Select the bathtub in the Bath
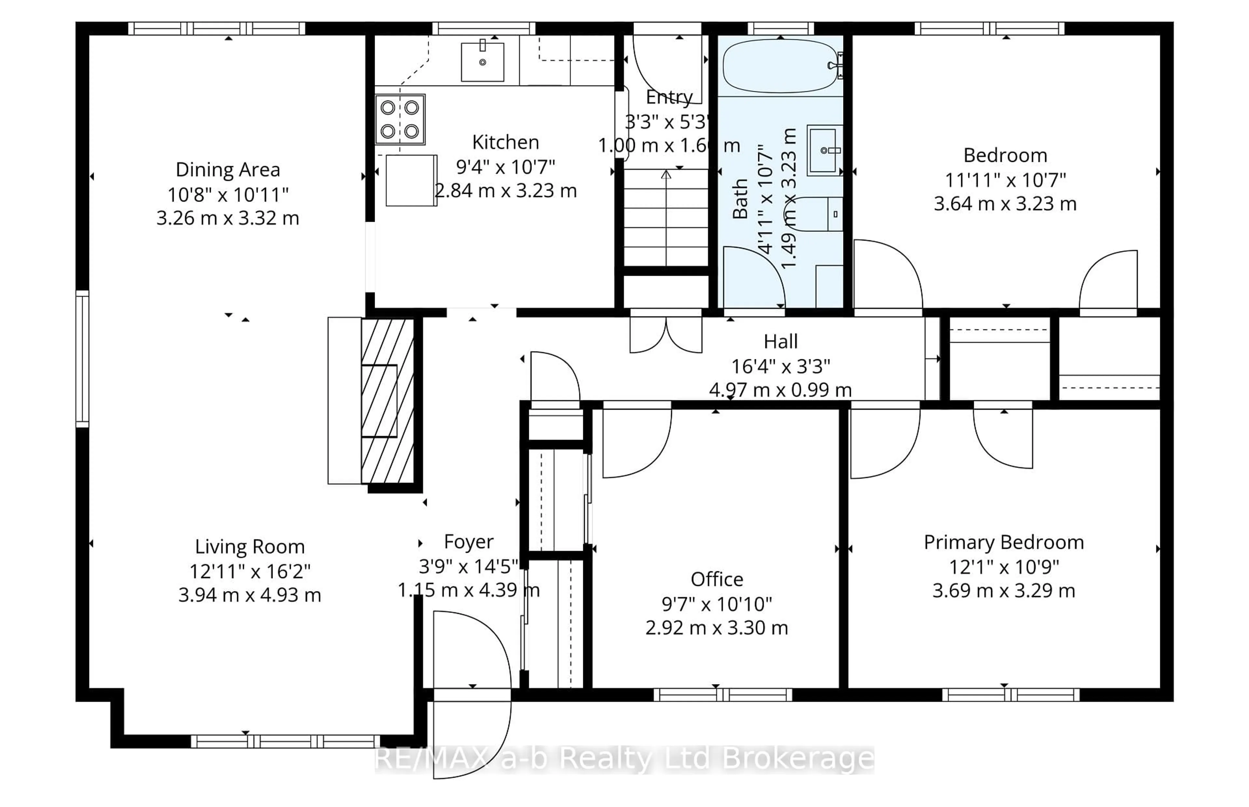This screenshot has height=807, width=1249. point(779,66)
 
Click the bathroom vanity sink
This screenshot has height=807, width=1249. point(824,151)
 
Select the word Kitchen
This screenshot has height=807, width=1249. point(505,142)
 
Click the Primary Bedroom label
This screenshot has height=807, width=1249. point(1003,542)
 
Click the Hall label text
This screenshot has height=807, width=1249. point(780,342)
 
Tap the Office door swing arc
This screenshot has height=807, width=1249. point(637,443)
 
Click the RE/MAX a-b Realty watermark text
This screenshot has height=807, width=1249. point(624,759)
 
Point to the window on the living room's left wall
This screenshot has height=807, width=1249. point(82,359)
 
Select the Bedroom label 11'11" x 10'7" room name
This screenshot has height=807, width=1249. point(1005,156)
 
